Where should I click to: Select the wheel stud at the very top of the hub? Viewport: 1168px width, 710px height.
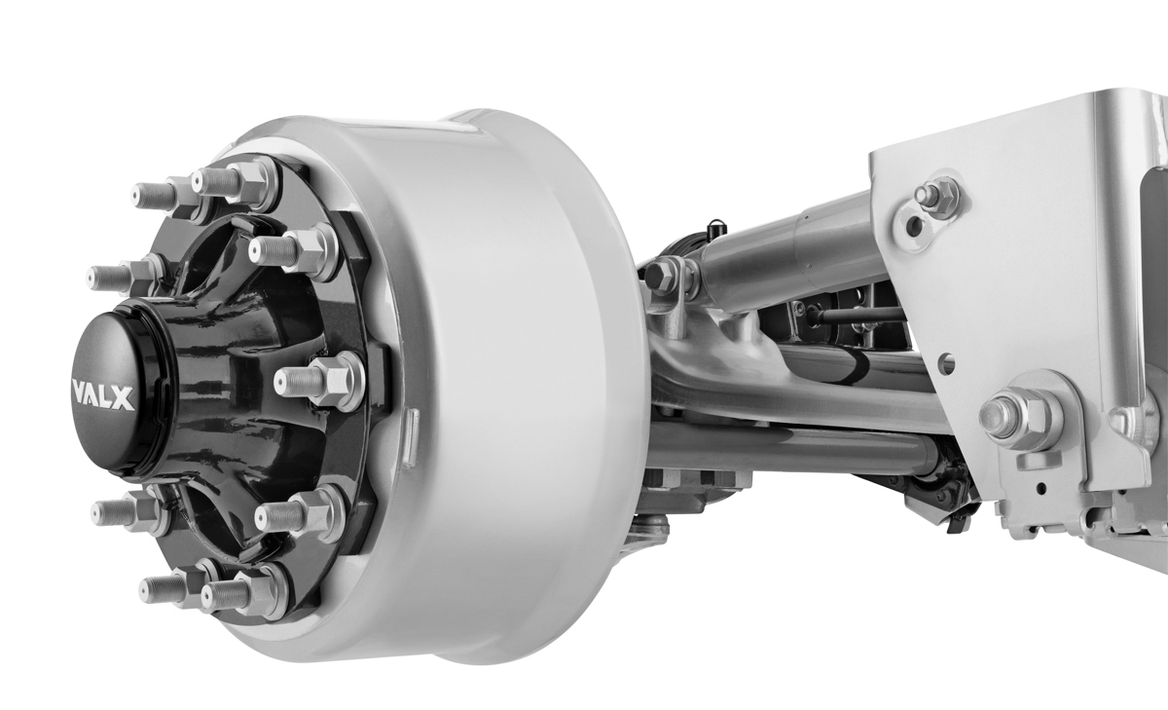pyautogui.click(x=234, y=180)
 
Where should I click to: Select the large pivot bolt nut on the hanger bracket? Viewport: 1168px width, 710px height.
pyautogui.click(x=1017, y=416)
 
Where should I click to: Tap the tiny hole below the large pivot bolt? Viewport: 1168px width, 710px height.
pyautogui.click(x=1042, y=485)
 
